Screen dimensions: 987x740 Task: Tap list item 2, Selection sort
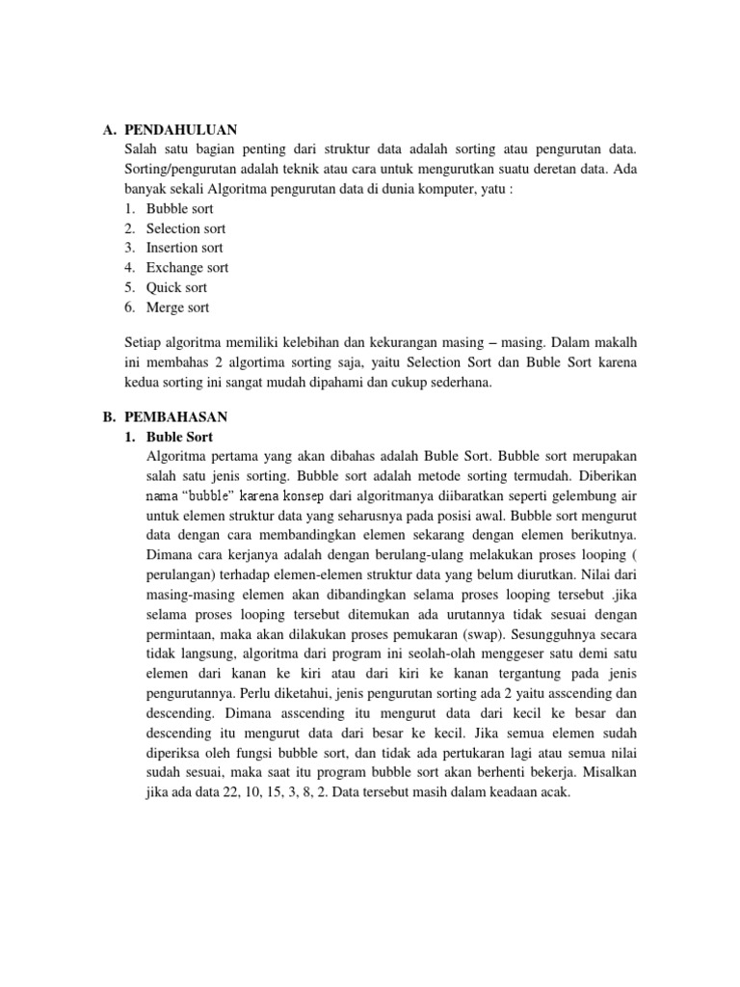[186, 228]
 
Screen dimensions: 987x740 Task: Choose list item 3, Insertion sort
[185, 248]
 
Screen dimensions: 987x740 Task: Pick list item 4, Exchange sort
[188, 268]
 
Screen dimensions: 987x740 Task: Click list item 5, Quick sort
[176, 287]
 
